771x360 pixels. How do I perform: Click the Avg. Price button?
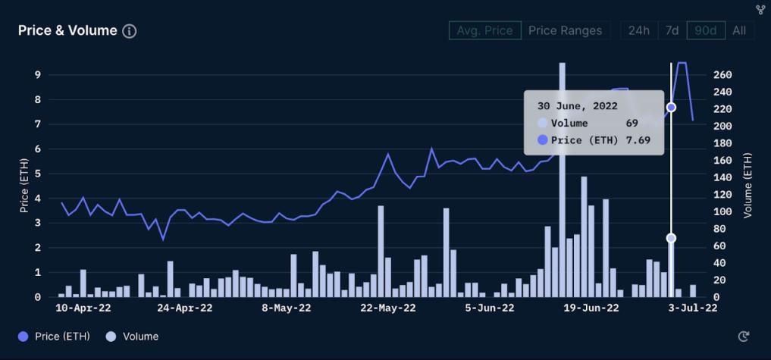(x=484, y=31)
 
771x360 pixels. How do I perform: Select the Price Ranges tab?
(x=565, y=31)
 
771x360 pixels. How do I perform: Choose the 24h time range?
(x=638, y=31)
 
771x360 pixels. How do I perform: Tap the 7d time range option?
(x=672, y=31)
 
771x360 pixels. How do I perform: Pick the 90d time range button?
(x=705, y=31)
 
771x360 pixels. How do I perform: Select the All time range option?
(x=739, y=31)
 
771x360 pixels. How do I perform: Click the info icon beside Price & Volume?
(x=130, y=31)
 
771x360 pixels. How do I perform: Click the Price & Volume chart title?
(x=67, y=31)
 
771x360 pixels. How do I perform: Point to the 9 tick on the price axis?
(x=37, y=75)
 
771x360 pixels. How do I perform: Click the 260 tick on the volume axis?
(x=722, y=75)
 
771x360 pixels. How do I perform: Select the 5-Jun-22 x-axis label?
(x=490, y=308)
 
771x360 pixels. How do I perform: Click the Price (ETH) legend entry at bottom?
(x=54, y=337)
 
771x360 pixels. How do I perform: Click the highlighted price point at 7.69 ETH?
(x=671, y=108)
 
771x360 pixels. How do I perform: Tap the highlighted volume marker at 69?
(x=671, y=238)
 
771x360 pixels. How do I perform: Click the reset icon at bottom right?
(x=744, y=337)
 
